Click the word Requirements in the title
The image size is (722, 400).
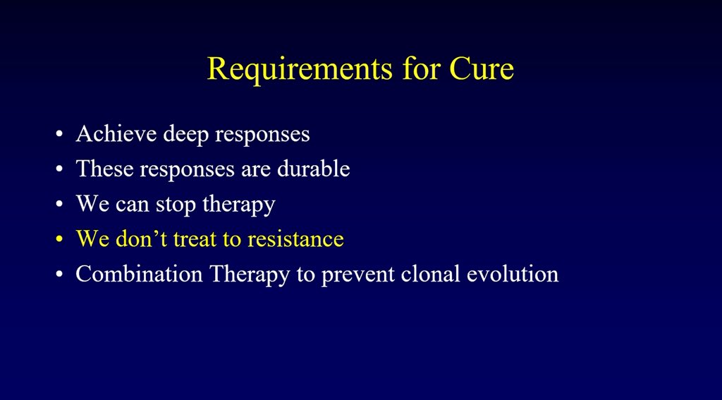(x=300, y=70)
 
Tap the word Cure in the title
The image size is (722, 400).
(x=482, y=68)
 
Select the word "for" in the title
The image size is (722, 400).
(x=420, y=68)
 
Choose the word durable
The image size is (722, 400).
(x=314, y=168)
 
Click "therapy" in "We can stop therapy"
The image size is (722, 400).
(x=238, y=205)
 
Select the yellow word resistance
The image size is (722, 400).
(x=295, y=238)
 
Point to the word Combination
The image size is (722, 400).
(x=139, y=274)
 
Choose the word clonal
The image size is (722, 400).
(x=431, y=274)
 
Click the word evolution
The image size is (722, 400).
(x=513, y=274)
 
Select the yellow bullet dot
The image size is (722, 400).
(x=59, y=239)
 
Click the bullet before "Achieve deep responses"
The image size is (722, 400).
(x=59, y=134)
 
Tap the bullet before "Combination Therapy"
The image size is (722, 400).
(x=59, y=274)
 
